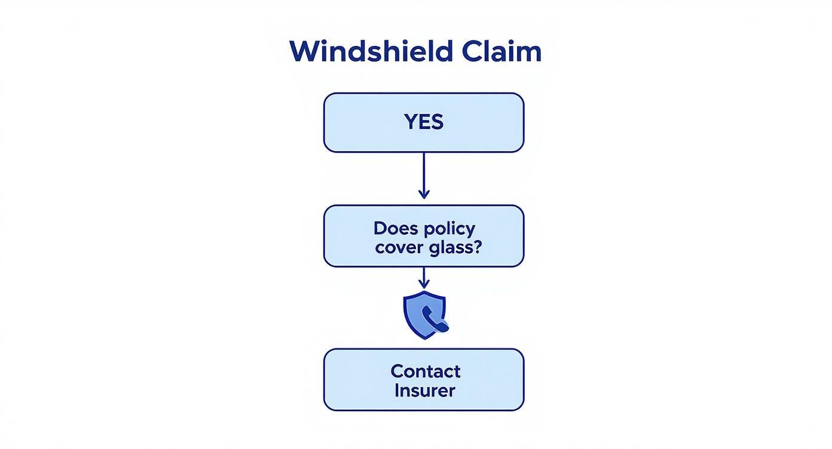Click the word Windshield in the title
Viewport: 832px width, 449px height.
click(371, 51)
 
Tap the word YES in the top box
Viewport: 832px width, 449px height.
click(424, 122)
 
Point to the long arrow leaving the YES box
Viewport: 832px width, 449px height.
click(424, 170)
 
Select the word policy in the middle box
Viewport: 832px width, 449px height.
click(451, 229)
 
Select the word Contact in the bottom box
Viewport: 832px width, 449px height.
click(425, 371)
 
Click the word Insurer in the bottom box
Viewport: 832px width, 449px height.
click(425, 390)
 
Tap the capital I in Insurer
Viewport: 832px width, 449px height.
click(397, 390)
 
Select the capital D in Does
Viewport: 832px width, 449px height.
click(380, 228)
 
